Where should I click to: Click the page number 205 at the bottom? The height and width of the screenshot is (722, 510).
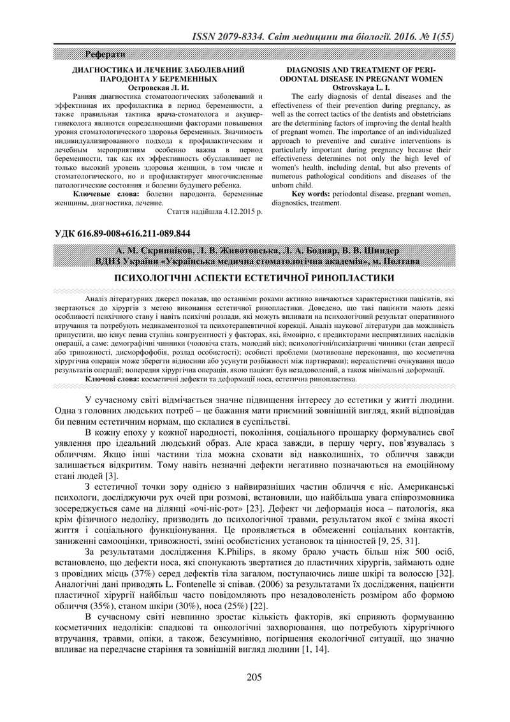[254, 677]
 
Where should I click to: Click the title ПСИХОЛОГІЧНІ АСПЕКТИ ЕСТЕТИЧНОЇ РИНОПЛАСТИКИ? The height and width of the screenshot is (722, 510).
[254, 278]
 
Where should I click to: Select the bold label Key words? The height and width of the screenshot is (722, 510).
[310, 193]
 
